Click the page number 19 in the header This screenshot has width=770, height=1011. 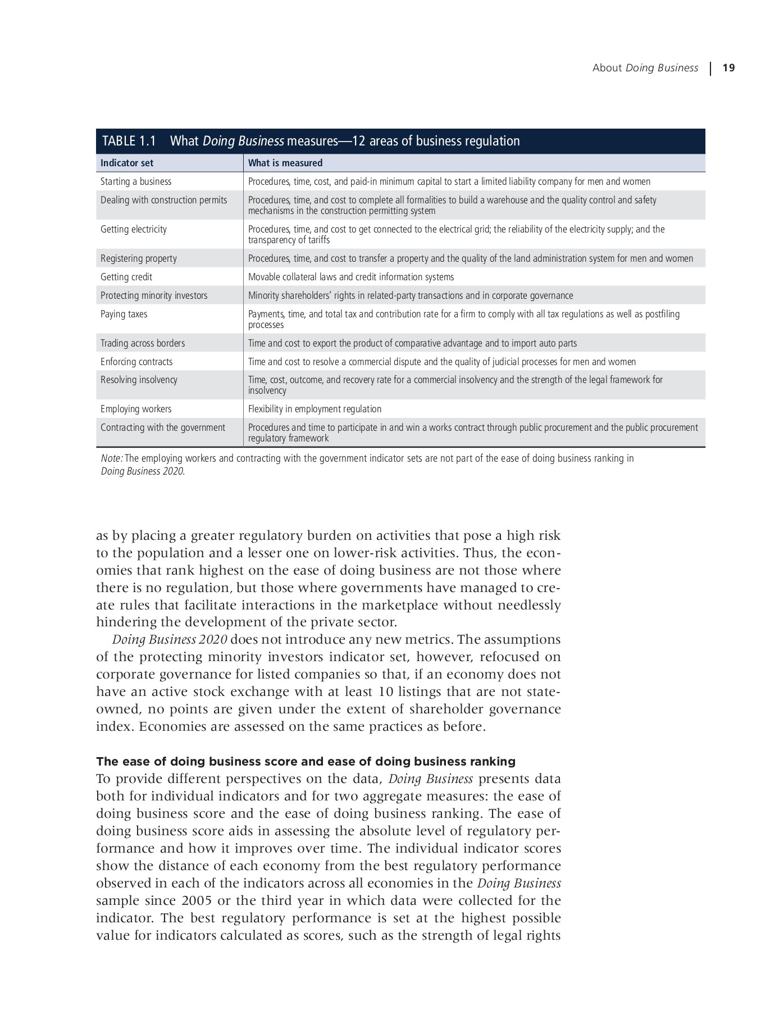(x=728, y=68)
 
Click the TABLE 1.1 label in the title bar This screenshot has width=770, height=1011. (x=129, y=141)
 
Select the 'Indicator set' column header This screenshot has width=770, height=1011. (x=127, y=163)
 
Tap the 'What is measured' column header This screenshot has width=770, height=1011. (x=285, y=163)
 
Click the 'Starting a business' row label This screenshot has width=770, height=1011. (x=136, y=181)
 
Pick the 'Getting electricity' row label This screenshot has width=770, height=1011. (x=134, y=229)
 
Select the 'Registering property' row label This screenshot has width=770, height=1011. (x=139, y=258)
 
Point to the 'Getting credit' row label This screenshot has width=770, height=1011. (x=126, y=277)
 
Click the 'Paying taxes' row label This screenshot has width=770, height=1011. (x=124, y=314)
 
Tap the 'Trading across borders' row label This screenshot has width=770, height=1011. (x=143, y=343)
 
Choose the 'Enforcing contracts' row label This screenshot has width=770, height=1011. (x=136, y=362)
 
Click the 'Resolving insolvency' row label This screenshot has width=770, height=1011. (x=139, y=380)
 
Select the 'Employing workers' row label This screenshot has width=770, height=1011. (x=136, y=409)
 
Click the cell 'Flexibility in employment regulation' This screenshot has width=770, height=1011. (x=315, y=409)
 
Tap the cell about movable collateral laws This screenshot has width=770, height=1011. (x=351, y=277)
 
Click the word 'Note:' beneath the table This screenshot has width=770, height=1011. (x=112, y=458)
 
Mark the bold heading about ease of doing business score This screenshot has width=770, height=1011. (x=306, y=762)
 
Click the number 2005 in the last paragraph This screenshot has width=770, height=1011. (x=197, y=900)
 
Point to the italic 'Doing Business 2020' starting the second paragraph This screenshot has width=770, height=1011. (x=170, y=640)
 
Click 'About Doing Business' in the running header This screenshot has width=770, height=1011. (x=645, y=68)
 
